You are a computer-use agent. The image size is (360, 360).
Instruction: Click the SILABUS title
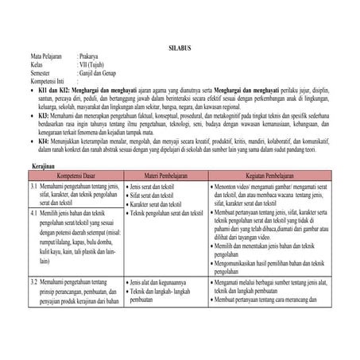[x=180, y=48]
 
